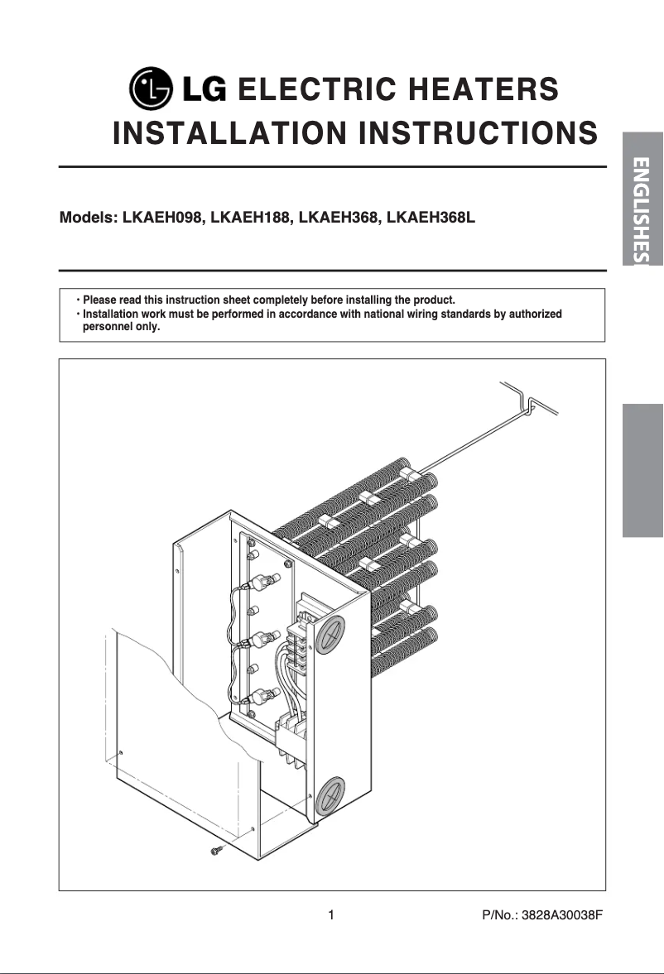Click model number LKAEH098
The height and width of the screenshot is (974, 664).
(162, 219)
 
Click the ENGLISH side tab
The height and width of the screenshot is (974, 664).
(643, 199)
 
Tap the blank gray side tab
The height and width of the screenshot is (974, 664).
(643, 470)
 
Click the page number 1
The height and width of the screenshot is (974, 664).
(331, 915)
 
